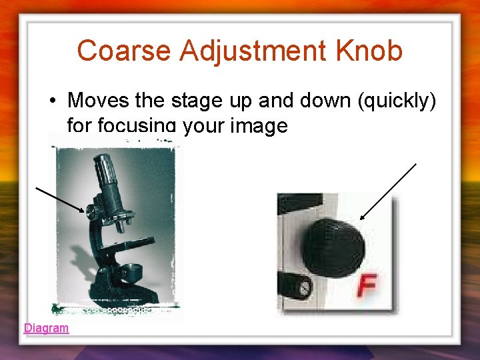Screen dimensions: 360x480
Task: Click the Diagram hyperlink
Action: pyautogui.click(x=46, y=328)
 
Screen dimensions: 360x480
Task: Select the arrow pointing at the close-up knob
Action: pyautogui.click(x=388, y=191)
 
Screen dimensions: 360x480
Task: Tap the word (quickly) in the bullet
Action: pyautogui.click(x=399, y=101)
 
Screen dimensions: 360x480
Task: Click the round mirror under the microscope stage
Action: pyautogui.click(x=131, y=271)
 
